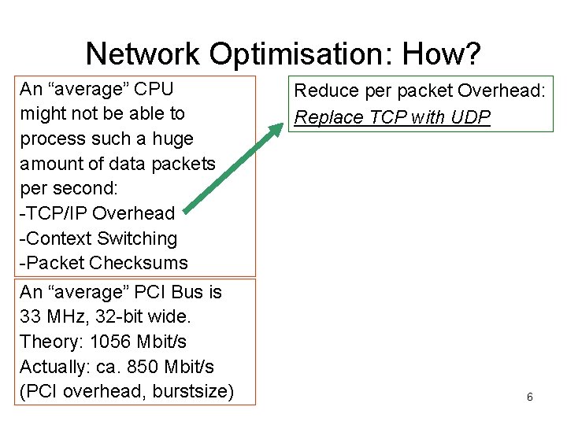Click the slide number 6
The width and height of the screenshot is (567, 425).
click(x=529, y=397)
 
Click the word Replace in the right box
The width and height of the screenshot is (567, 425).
click(x=323, y=118)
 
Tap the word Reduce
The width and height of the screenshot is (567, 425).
click(x=323, y=91)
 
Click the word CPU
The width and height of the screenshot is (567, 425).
click(x=151, y=88)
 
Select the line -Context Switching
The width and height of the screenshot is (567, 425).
click(x=98, y=238)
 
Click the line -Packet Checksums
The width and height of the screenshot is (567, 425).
click(x=104, y=263)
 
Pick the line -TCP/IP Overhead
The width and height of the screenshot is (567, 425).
click(x=97, y=213)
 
